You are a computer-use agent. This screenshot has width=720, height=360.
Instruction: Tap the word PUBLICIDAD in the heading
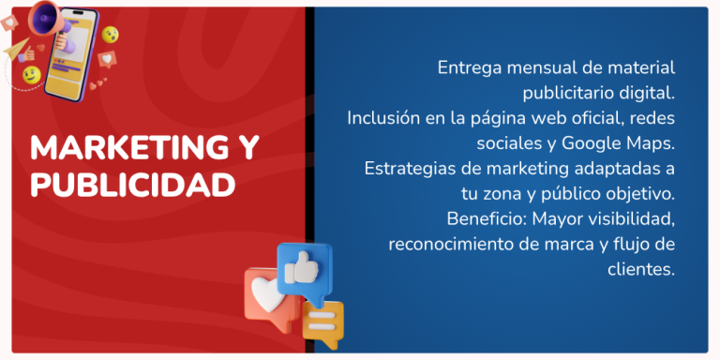(x=131, y=185)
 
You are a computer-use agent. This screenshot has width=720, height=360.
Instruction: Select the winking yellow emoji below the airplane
(x=31, y=74)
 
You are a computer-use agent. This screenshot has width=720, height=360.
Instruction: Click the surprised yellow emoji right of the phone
(x=111, y=35)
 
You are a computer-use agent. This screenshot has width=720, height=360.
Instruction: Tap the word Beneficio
(x=485, y=219)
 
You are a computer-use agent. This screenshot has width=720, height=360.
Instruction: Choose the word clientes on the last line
(x=641, y=269)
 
